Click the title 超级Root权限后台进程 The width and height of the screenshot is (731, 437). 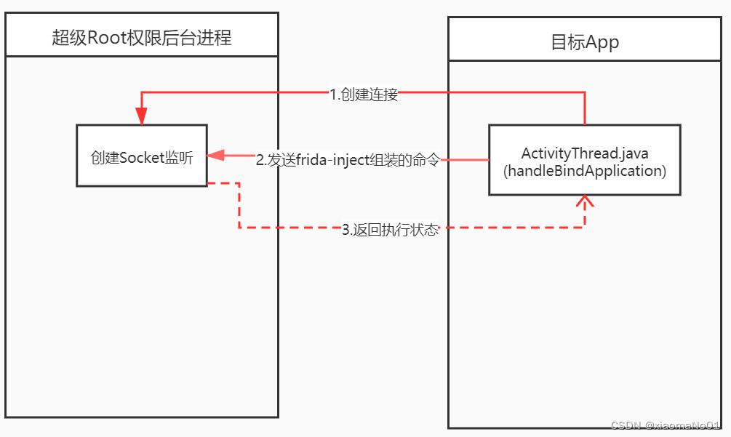[141, 37]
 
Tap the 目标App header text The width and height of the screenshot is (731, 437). [584, 42]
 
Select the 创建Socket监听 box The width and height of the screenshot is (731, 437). [141, 156]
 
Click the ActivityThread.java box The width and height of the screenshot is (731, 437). [584, 160]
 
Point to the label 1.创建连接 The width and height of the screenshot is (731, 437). [364, 94]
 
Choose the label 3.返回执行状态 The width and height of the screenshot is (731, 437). [391, 230]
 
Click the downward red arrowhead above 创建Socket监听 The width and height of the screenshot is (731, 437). [141, 116]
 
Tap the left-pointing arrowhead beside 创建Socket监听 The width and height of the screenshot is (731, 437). [216, 156]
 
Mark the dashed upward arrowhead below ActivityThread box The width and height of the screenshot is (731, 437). [584, 201]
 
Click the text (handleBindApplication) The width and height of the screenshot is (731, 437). [584, 171]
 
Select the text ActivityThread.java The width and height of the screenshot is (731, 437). [584, 153]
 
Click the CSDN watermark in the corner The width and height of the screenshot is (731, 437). [665, 425]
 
